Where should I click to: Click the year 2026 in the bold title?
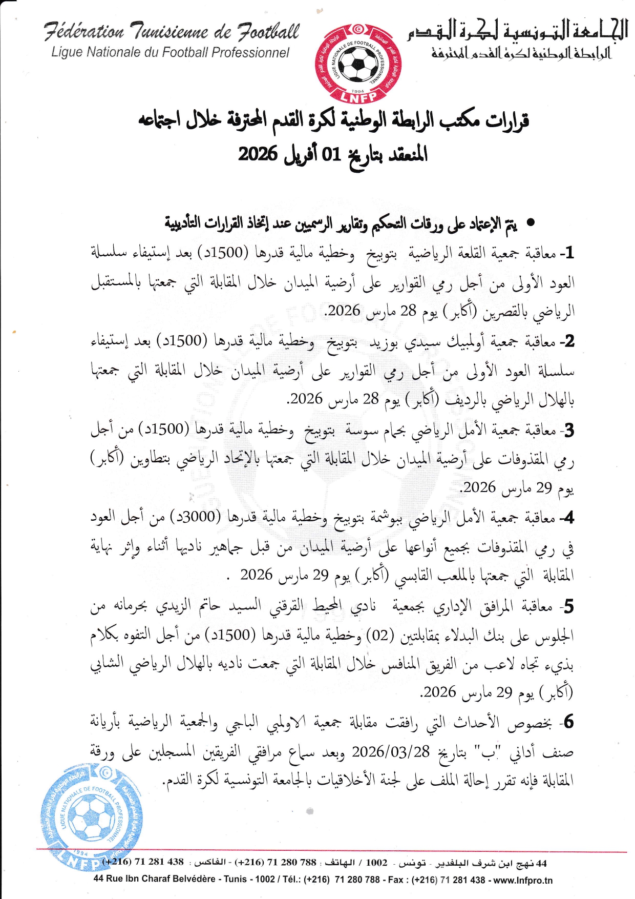(258, 154)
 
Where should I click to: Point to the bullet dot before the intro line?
(531, 223)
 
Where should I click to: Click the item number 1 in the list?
(569, 252)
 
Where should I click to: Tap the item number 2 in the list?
(568, 341)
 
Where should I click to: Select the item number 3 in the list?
(568, 430)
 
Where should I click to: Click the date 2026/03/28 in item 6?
(391, 751)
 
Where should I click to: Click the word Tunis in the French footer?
(236, 880)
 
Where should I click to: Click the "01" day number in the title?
(330, 154)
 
